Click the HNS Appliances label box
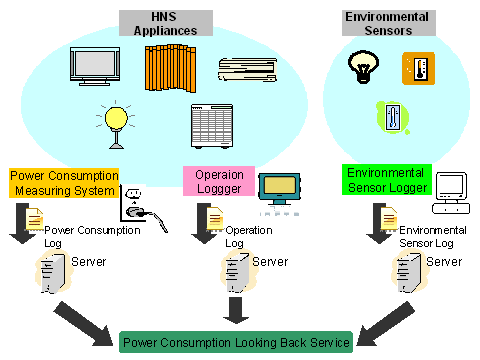166,23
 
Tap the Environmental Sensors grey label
389,23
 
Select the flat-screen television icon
95,66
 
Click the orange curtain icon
170,68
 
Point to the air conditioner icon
248,70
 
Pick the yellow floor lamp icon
116,124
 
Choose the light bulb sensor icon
363,67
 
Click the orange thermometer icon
418,68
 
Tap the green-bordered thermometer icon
393,118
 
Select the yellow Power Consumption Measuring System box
64,183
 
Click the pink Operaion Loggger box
219,181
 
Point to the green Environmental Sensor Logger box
387,180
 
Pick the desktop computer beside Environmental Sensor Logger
451,193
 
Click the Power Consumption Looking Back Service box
236,342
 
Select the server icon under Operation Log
238,272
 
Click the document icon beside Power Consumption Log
34,219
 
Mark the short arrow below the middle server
236,310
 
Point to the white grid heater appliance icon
212,126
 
